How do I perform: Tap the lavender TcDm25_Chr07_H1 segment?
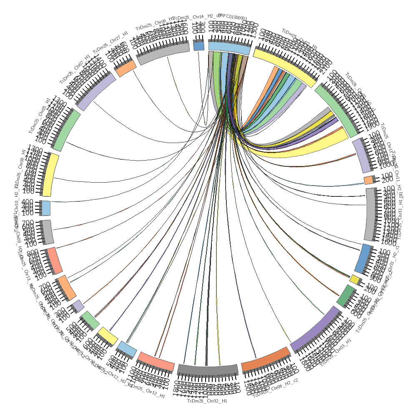(96, 91)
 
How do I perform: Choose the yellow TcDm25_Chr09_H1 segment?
(50, 175)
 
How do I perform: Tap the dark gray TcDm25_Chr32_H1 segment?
(207, 369)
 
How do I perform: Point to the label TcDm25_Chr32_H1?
(207, 401)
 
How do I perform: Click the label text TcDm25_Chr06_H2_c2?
(276, 388)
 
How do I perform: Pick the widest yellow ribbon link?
(304, 148)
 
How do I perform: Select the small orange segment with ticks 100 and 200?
(369, 180)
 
